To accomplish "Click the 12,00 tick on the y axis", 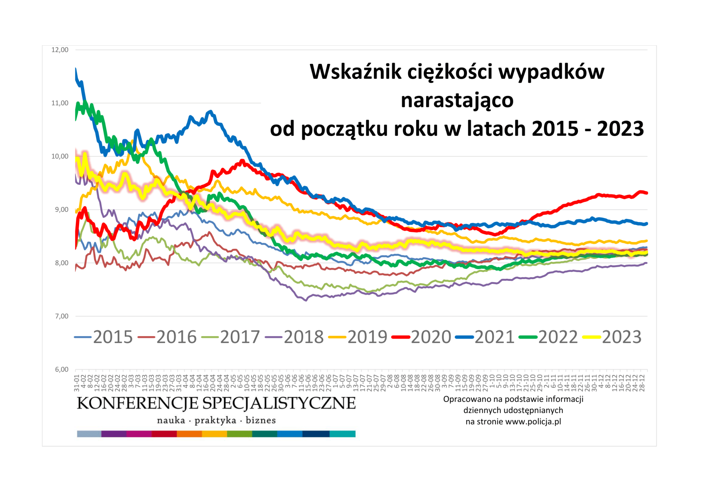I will point(60,50).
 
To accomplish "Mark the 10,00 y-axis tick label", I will point(60,156).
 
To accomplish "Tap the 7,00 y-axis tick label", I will point(61,316).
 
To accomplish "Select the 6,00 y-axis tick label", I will point(61,370).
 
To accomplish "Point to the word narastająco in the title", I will point(457,100).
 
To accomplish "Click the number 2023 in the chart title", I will point(620,129).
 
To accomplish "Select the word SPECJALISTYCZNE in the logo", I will point(279,403).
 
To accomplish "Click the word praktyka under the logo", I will point(215,420).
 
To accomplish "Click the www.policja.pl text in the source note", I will point(533,422).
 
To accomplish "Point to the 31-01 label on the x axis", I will point(77,383).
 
